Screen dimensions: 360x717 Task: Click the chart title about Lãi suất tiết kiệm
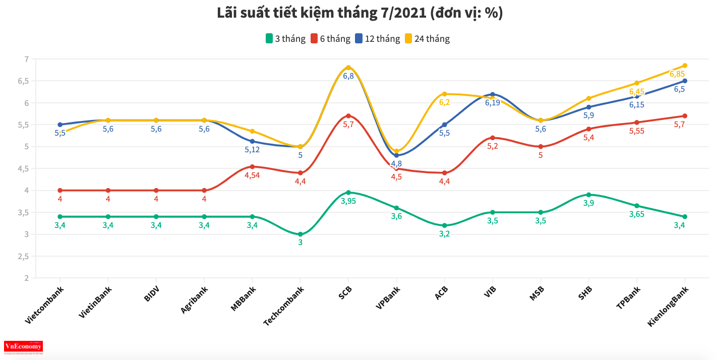(x=360, y=14)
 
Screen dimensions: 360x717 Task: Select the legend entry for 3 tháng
(x=285, y=38)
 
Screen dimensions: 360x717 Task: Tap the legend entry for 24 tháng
(x=427, y=38)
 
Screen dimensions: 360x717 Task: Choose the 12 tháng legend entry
(x=378, y=38)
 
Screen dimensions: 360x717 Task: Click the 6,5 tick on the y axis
(x=23, y=81)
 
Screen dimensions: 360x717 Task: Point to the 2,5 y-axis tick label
(x=23, y=256)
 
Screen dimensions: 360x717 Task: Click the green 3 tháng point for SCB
(x=348, y=193)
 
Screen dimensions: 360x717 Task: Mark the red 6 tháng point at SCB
(x=348, y=116)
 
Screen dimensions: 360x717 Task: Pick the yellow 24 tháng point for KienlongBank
(x=685, y=66)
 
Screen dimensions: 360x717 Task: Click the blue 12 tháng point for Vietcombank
(x=60, y=125)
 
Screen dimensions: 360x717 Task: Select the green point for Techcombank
(x=301, y=234)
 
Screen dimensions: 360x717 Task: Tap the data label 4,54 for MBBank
(x=252, y=175)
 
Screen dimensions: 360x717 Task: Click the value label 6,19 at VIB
(x=493, y=103)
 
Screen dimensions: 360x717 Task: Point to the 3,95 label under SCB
(x=348, y=201)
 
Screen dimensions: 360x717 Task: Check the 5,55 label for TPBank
(x=636, y=131)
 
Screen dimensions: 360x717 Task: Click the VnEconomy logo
(x=23, y=347)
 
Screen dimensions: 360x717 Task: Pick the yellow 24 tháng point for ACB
(x=444, y=94)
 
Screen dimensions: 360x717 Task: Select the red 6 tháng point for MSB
(x=541, y=147)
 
